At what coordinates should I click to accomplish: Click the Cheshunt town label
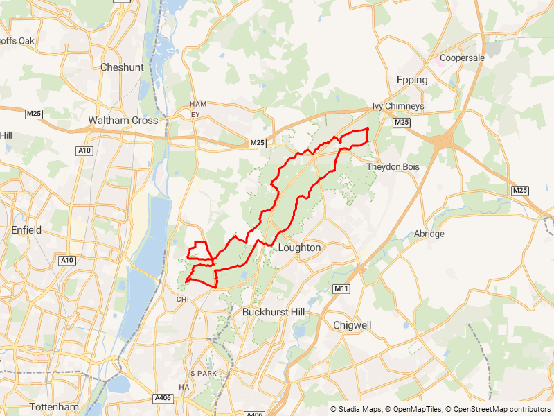(x=121, y=67)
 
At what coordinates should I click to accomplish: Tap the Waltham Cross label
(x=123, y=120)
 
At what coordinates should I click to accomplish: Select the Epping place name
(x=412, y=80)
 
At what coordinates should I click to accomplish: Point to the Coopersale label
(x=462, y=58)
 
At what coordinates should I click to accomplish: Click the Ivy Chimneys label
(x=398, y=106)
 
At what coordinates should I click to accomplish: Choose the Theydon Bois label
(x=393, y=167)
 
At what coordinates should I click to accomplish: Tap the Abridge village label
(x=429, y=234)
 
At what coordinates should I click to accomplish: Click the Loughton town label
(x=299, y=248)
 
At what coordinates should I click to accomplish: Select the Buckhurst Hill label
(x=274, y=313)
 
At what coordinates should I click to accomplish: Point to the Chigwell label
(x=352, y=324)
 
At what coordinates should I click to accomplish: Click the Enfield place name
(x=26, y=229)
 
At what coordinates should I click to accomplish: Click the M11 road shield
(x=340, y=288)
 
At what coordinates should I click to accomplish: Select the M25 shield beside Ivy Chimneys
(x=401, y=123)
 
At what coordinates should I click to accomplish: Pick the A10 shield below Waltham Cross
(x=84, y=150)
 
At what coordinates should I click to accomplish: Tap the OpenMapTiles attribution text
(x=415, y=409)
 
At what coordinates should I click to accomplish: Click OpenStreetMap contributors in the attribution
(x=499, y=409)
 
